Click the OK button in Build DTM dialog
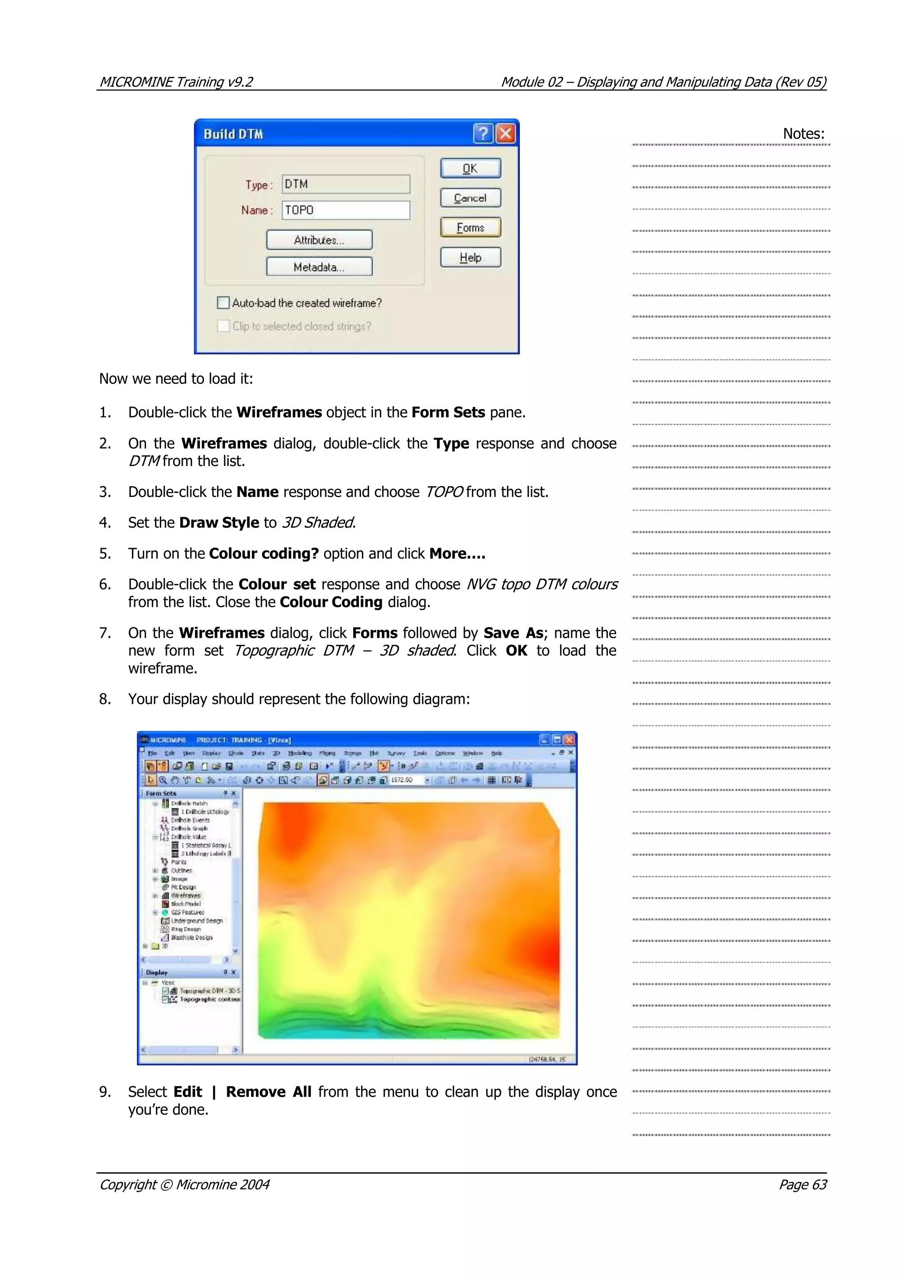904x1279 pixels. [x=470, y=168]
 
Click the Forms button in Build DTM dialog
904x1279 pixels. [x=470, y=227]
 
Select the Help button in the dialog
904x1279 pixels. [x=470, y=257]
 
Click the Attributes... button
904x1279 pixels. [x=319, y=240]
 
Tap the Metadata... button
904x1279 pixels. [x=319, y=267]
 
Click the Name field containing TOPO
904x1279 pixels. [x=345, y=210]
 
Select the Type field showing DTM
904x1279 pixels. [x=345, y=184]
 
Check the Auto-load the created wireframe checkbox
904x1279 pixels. [x=223, y=302]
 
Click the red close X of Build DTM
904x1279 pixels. [x=505, y=134]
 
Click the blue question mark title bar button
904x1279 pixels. [x=483, y=134]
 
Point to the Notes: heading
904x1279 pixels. [x=803, y=134]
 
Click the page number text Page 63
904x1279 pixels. [x=802, y=1184]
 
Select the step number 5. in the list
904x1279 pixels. [x=105, y=553]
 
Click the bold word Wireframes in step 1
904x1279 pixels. [x=279, y=412]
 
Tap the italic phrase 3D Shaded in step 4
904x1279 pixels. [x=317, y=523]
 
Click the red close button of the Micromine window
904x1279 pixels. [x=569, y=740]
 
